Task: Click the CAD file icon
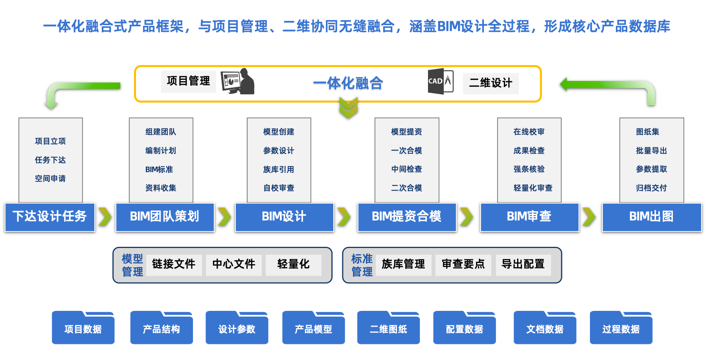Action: coord(440,82)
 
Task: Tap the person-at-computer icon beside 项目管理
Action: coord(238,82)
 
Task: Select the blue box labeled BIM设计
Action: coord(284,217)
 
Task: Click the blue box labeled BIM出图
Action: coord(652,217)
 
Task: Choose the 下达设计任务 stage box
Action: coord(50,217)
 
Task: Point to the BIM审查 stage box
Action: coord(529,217)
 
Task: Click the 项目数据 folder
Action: coord(83,329)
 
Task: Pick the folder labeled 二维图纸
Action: coord(388,329)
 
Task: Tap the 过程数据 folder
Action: coord(621,329)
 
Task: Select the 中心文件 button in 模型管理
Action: coord(234,264)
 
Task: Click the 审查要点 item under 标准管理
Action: coord(463,264)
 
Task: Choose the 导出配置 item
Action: coord(523,264)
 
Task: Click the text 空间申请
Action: coord(50,178)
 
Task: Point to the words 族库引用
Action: coord(279,169)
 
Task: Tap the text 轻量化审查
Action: coord(533,188)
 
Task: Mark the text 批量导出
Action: coord(651,151)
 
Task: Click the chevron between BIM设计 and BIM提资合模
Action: coord(343,217)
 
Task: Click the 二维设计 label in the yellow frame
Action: coord(490,83)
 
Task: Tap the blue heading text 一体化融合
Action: coord(348,83)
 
